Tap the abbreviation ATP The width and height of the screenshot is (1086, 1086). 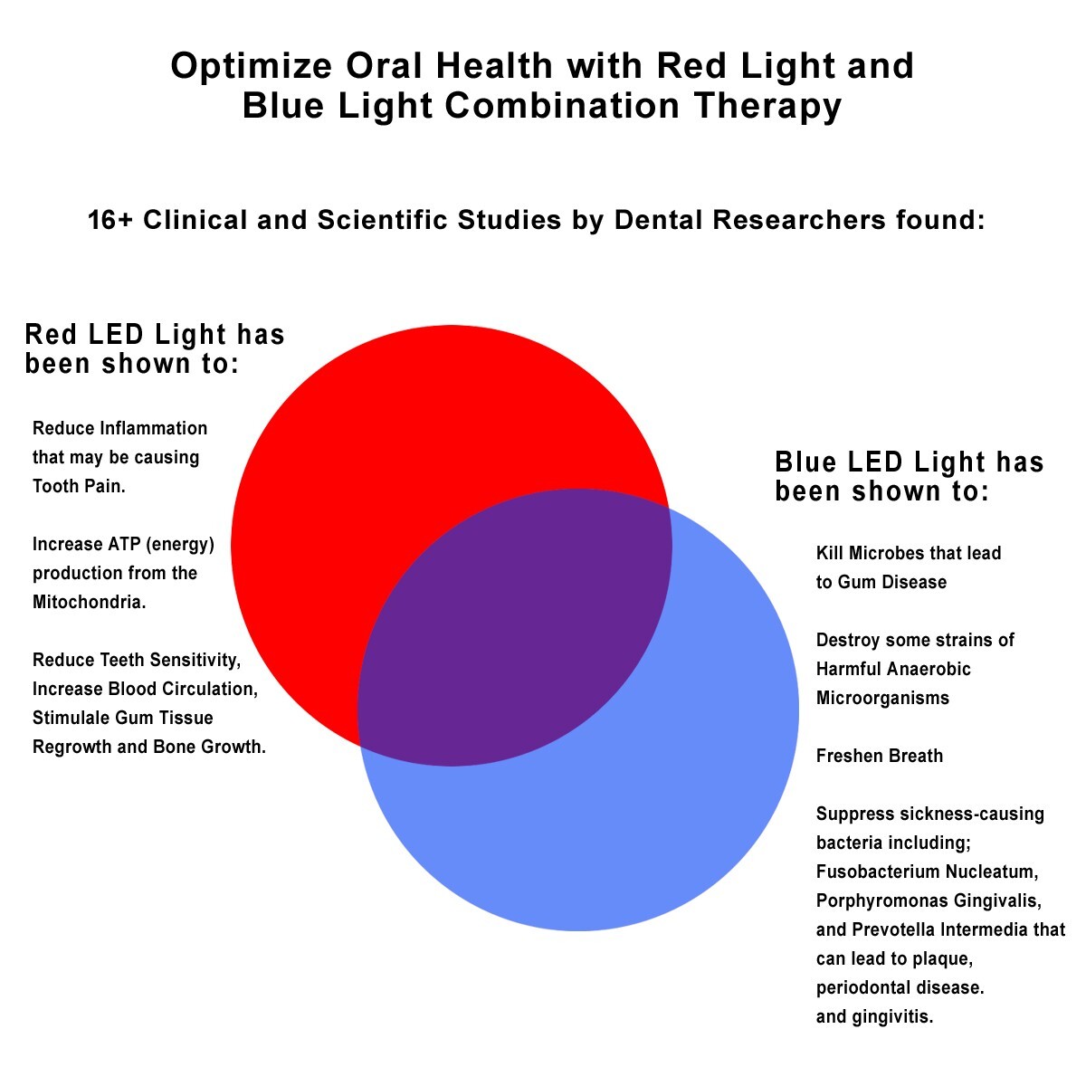[x=123, y=544]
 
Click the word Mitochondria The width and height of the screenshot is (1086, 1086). [x=89, y=602]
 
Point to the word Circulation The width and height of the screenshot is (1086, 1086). [x=207, y=689]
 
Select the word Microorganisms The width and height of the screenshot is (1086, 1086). [x=882, y=698]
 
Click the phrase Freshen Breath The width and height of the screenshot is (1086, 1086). [x=879, y=756]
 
